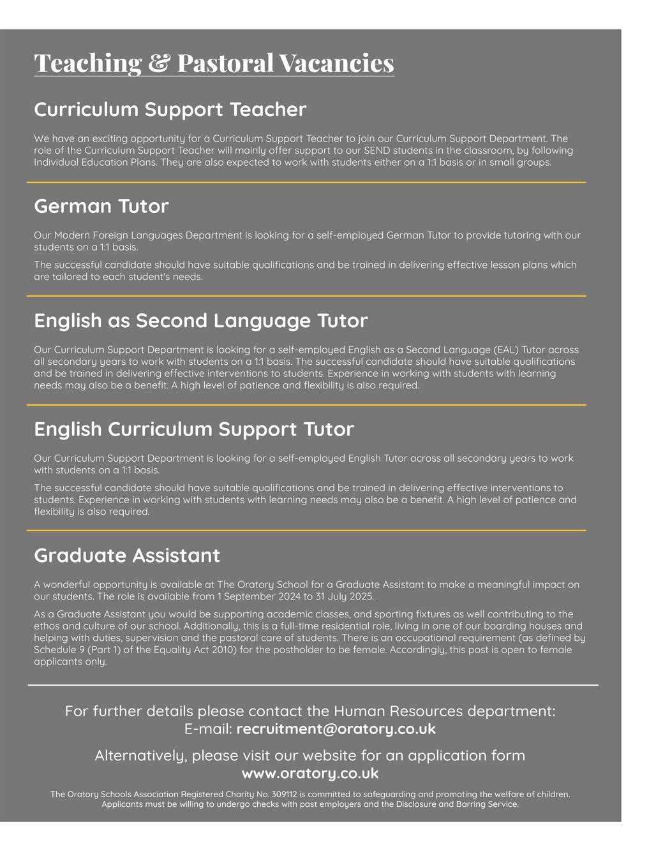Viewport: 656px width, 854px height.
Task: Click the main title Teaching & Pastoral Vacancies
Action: (214, 63)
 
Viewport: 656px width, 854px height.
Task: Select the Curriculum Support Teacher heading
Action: (170, 110)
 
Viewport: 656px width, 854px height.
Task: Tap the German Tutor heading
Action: (101, 206)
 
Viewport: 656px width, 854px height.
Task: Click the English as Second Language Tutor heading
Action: (200, 320)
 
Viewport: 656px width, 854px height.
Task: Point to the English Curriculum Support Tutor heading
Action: (193, 429)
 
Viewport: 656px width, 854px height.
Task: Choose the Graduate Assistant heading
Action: (126, 556)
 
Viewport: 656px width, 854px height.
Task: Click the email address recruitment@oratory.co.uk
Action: (336, 729)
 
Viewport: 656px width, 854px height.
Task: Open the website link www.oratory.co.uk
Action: (310, 774)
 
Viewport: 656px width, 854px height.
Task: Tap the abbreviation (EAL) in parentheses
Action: (501, 350)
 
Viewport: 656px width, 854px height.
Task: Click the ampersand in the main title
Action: (158, 63)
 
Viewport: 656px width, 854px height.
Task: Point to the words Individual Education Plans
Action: (95, 163)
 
